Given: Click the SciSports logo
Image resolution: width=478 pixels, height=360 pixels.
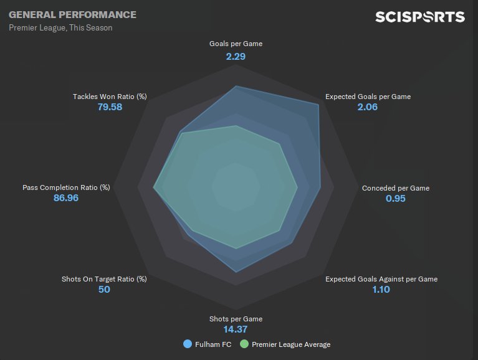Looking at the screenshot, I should (x=419, y=17).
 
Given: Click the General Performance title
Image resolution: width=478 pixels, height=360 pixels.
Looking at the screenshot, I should (x=72, y=14).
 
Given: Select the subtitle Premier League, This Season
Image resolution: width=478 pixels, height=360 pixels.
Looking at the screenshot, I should (x=60, y=28).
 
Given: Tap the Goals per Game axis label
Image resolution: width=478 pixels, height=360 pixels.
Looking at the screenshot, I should (x=236, y=44).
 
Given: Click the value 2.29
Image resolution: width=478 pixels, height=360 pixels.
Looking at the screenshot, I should (x=236, y=56).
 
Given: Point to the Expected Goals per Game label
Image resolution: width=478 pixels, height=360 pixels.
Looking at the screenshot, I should (x=368, y=97).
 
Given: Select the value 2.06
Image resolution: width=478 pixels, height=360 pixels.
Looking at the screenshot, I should (x=368, y=107).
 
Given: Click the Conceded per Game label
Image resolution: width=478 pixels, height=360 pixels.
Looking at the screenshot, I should (x=396, y=188).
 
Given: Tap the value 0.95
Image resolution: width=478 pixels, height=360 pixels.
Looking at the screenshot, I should (x=396, y=199).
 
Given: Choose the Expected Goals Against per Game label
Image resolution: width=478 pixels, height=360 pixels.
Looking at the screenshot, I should (x=381, y=279).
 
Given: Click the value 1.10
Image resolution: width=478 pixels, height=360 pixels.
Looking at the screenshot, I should (x=381, y=290).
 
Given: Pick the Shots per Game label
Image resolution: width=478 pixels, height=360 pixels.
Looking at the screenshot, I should (x=236, y=320).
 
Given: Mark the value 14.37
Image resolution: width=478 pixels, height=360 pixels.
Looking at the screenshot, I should (x=236, y=329).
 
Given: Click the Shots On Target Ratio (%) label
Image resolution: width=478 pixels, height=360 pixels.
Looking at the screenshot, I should (x=104, y=279).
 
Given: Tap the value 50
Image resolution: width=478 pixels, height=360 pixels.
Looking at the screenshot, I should (x=104, y=290).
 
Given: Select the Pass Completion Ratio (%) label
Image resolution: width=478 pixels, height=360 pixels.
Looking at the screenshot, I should (x=66, y=187).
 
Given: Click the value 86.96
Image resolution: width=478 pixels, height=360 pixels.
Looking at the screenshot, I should (x=66, y=198).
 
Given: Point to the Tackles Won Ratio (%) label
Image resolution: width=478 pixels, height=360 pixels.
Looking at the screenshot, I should (x=110, y=97).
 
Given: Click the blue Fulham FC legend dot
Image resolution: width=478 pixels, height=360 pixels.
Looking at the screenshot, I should (x=188, y=344).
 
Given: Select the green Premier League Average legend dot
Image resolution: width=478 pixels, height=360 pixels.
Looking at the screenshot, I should (x=244, y=344).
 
